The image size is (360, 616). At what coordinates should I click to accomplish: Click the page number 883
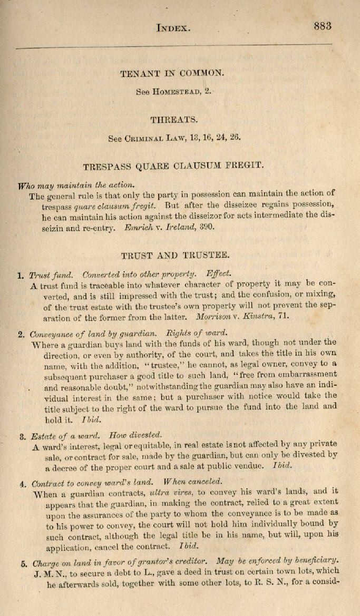pyautogui.click(x=323, y=26)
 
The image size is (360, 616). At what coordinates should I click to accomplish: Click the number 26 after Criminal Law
pyautogui.click(x=235, y=138)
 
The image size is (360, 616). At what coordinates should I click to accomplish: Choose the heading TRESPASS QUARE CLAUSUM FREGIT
pyautogui.click(x=172, y=167)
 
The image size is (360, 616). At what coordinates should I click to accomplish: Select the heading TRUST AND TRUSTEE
pyautogui.click(x=174, y=256)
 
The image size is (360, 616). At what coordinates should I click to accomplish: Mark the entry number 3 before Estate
pyautogui.click(x=22, y=436)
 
